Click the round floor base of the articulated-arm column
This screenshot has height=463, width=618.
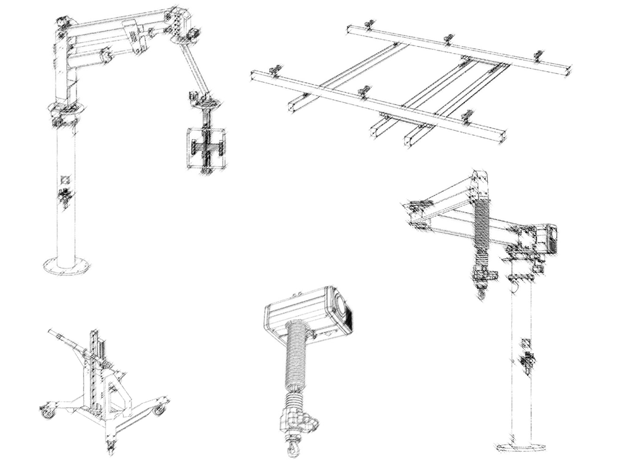(x=66, y=267)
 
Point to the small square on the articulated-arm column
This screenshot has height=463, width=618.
(x=64, y=179)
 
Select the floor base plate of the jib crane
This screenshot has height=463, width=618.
(x=521, y=447)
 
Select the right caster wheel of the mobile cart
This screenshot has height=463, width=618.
(x=159, y=409)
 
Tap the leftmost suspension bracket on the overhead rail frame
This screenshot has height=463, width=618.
(x=275, y=70)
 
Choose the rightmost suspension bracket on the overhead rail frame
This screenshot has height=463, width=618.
(x=538, y=56)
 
